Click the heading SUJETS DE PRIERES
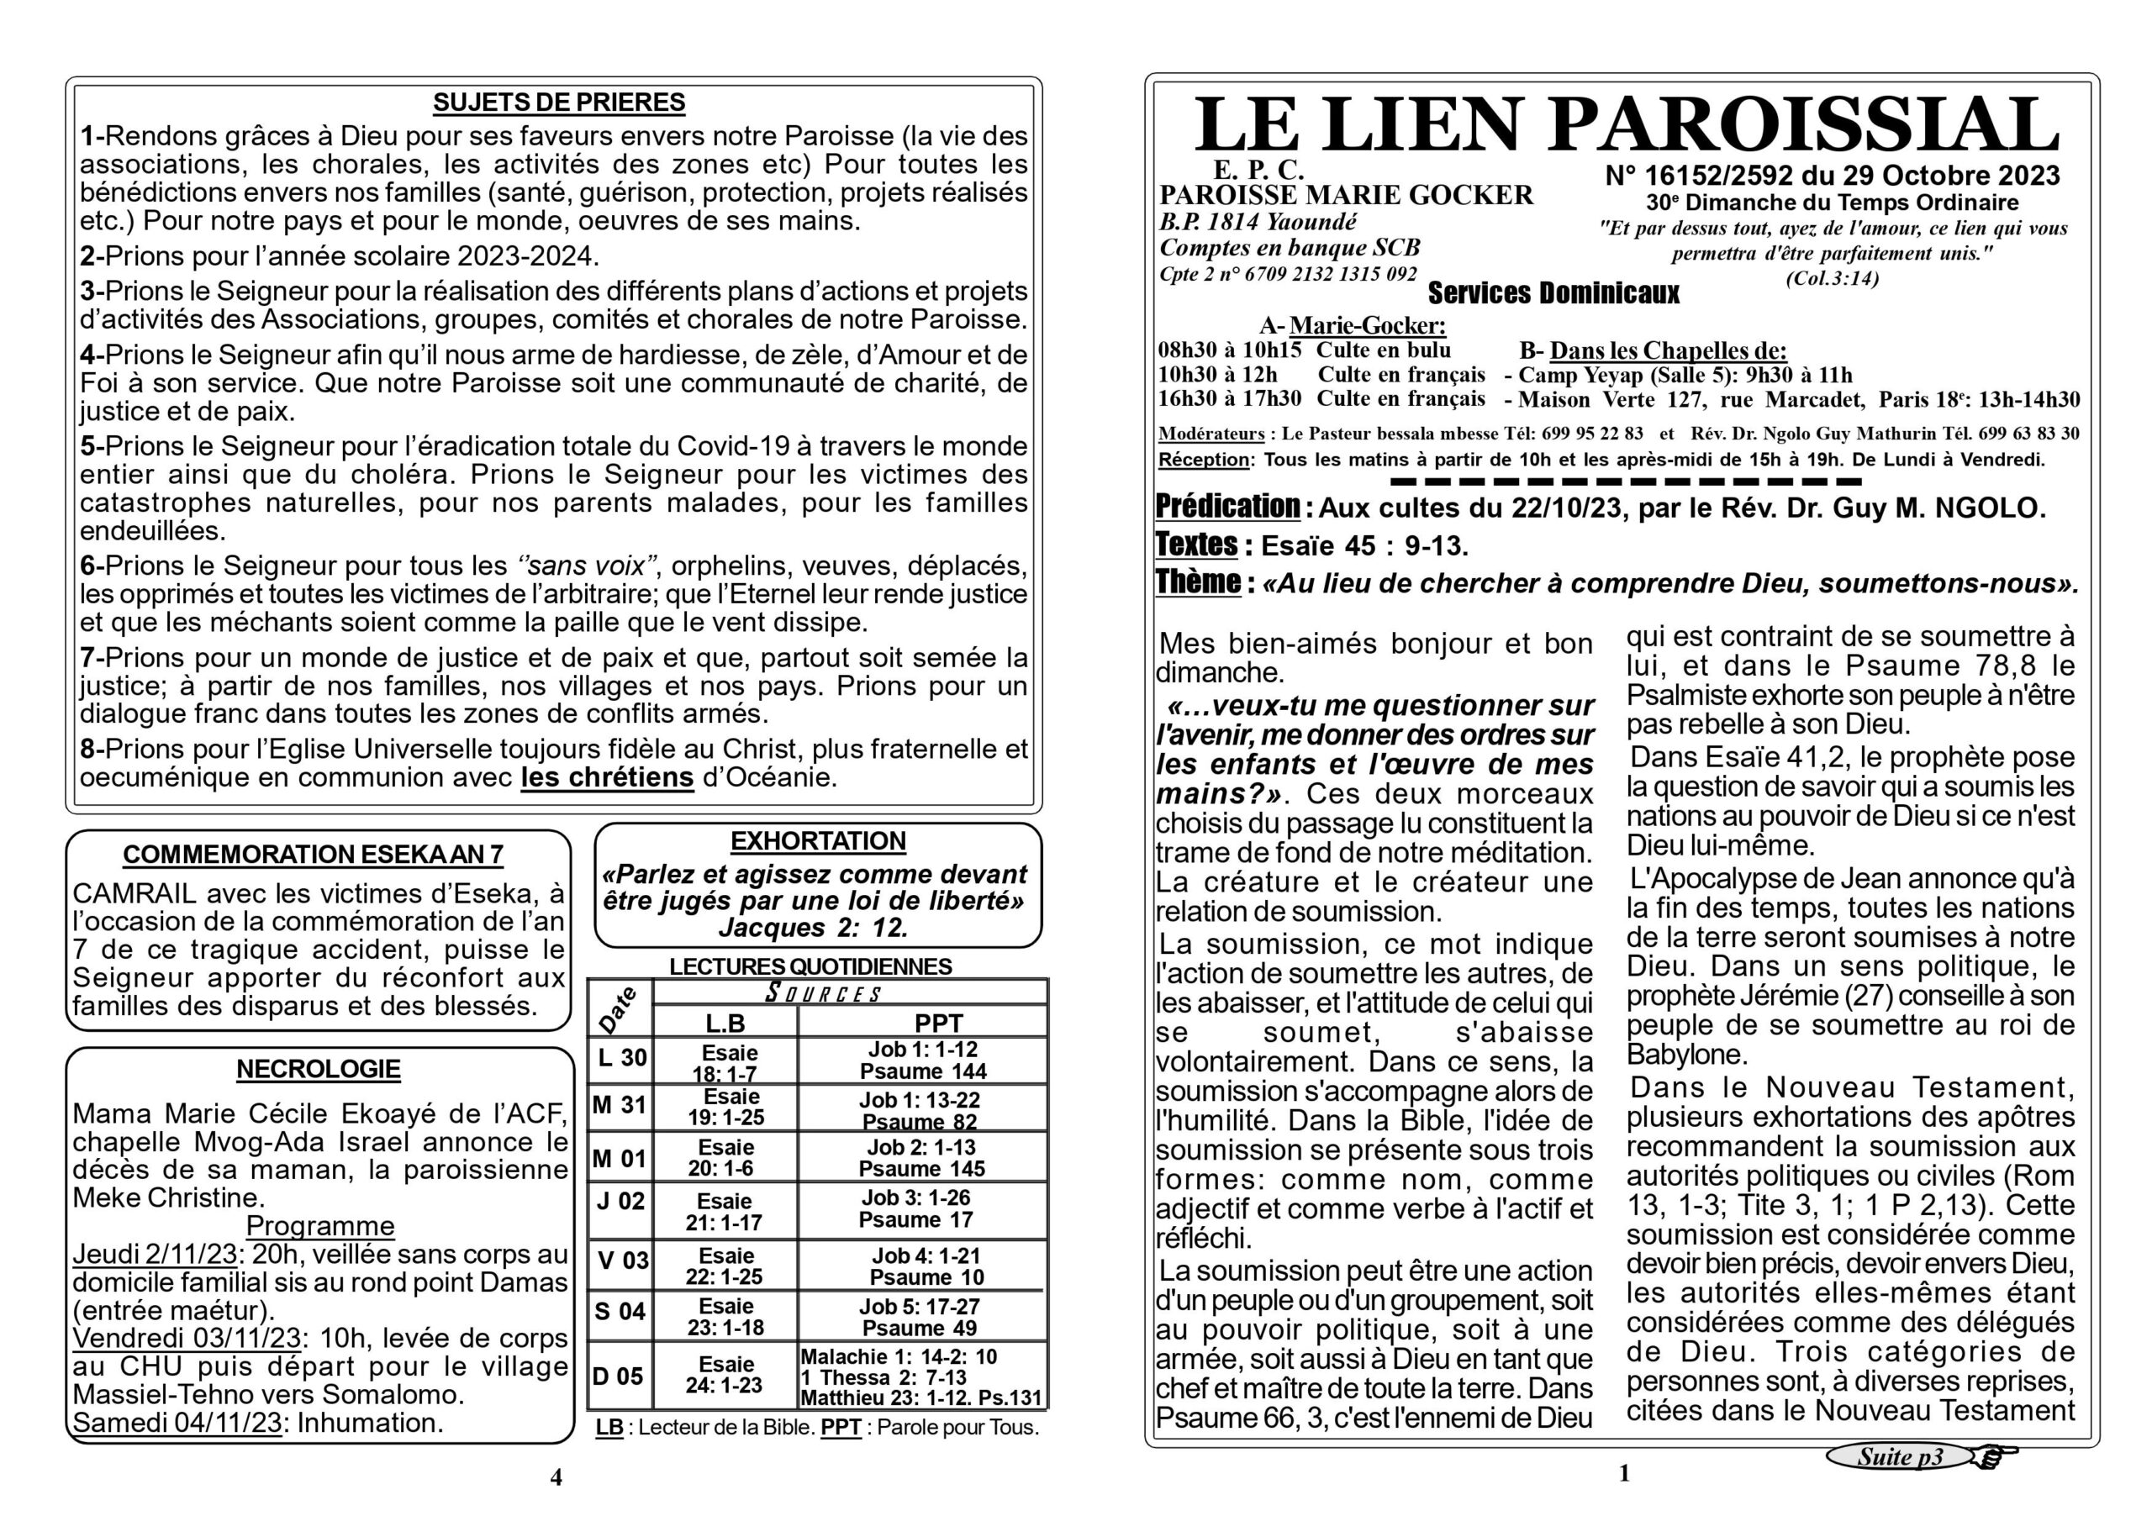pyautogui.click(x=559, y=103)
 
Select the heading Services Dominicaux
pyautogui.click(x=1553, y=294)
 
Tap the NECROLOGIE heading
pyautogui.click(x=319, y=1069)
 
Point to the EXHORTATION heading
pyautogui.click(x=818, y=840)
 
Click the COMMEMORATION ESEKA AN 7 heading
pyautogui.click(x=313, y=855)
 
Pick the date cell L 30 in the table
pyautogui.click(x=621, y=1058)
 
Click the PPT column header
pyautogui.click(x=938, y=1023)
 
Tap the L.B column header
pyautogui.click(x=725, y=1023)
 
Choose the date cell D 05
pyautogui.click(x=619, y=1376)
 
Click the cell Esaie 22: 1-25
pyautogui.click(x=725, y=1266)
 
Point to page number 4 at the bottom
pyautogui.click(x=556, y=1477)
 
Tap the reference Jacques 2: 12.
pyautogui.click(x=814, y=928)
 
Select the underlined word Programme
pyautogui.click(x=319, y=1226)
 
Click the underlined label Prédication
pyautogui.click(x=1227, y=507)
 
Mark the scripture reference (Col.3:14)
pyautogui.click(x=1832, y=278)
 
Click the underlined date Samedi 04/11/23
pyautogui.click(x=177, y=1423)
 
